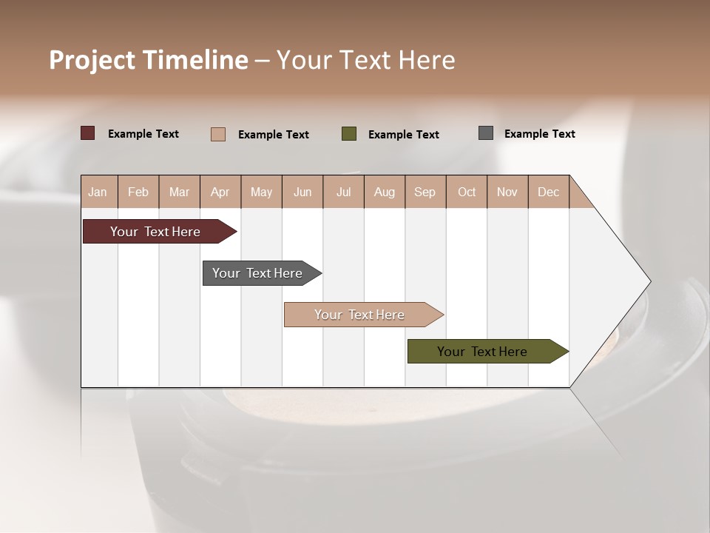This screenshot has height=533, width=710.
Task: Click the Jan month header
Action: click(x=98, y=192)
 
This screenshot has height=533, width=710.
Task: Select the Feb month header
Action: click(x=138, y=192)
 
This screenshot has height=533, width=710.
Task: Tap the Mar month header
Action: click(x=179, y=192)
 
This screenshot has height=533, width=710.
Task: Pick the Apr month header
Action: click(x=220, y=192)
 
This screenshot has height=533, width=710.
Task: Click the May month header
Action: click(x=261, y=192)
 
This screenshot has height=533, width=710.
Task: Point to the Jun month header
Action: click(x=302, y=192)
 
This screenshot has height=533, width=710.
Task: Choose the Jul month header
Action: click(x=343, y=192)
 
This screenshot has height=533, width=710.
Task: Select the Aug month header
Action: click(x=385, y=192)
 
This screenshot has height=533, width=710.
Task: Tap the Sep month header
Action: click(x=425, y=192)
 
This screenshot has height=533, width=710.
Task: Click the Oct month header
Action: click(x=467, y=192)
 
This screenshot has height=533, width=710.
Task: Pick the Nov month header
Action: click(x=507, y=192)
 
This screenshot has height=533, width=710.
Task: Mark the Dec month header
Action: click(x=549, y=192)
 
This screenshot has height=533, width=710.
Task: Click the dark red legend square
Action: click(x=88, y=133)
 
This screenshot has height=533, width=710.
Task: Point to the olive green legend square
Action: click(x=349, y=133)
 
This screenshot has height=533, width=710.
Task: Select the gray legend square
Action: click(x=486, y=133)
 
